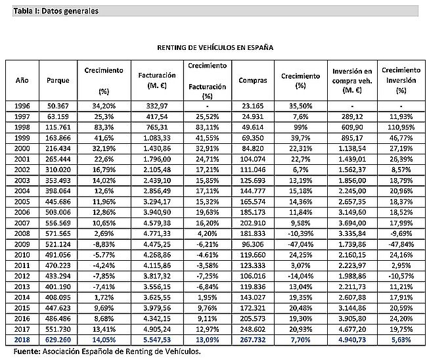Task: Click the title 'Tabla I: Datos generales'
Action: [56, 11]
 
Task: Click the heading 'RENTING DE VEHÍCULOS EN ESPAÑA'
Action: [215, 47]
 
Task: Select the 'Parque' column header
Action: [58, 80]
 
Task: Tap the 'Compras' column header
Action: [253, 80]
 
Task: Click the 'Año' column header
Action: [22, 80]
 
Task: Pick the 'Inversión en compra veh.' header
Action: [352, 81]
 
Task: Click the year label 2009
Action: [22, 244]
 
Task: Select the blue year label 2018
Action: [22, 340]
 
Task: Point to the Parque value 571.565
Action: [58, 234]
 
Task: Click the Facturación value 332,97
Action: [157, 106]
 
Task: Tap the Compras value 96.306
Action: [253, 244]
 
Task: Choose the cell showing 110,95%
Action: [401, 127]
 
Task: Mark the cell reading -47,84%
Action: [401, 244]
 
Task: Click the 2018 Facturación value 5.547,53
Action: [157, 340]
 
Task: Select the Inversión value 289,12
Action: [352, 116]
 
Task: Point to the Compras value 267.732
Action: [253, 340]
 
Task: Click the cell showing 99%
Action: [301, 127]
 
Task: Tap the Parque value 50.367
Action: [58, 106]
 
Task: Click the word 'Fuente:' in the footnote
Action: [27, 351]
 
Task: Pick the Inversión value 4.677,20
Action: [352, 329]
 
